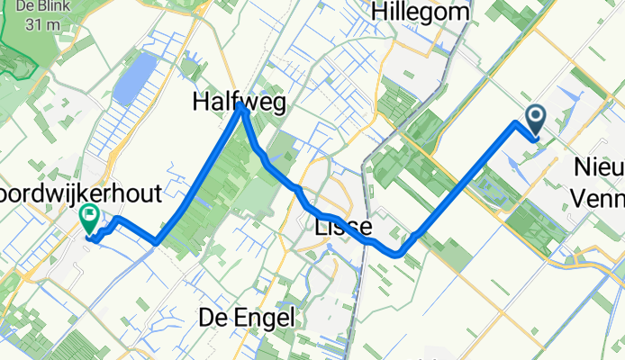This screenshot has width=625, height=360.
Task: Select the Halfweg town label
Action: click(239, 104)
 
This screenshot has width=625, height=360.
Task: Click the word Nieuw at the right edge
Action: click(599, 167)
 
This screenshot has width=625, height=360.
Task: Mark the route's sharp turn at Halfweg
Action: click(241, 111)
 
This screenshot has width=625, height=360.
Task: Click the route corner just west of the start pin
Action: click(517, 123)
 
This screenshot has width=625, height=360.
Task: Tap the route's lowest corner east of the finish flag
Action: click(156, 241)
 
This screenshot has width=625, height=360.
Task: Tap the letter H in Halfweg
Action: click(200, 104)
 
